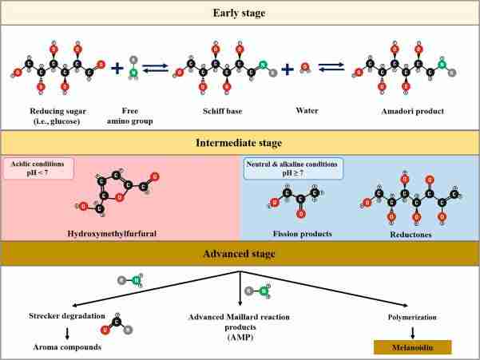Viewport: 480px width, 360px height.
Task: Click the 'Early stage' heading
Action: point(240,12)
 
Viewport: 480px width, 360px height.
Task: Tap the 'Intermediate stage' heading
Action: point(240,143)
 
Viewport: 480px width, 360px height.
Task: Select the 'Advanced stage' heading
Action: point(240,253)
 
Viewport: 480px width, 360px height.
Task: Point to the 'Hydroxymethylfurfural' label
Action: point(118,233)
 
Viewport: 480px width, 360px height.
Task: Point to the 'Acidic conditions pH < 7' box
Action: point(38,168)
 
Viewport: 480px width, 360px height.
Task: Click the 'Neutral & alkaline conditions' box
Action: point(292,168)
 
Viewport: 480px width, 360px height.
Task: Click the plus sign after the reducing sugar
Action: point(117,70)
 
